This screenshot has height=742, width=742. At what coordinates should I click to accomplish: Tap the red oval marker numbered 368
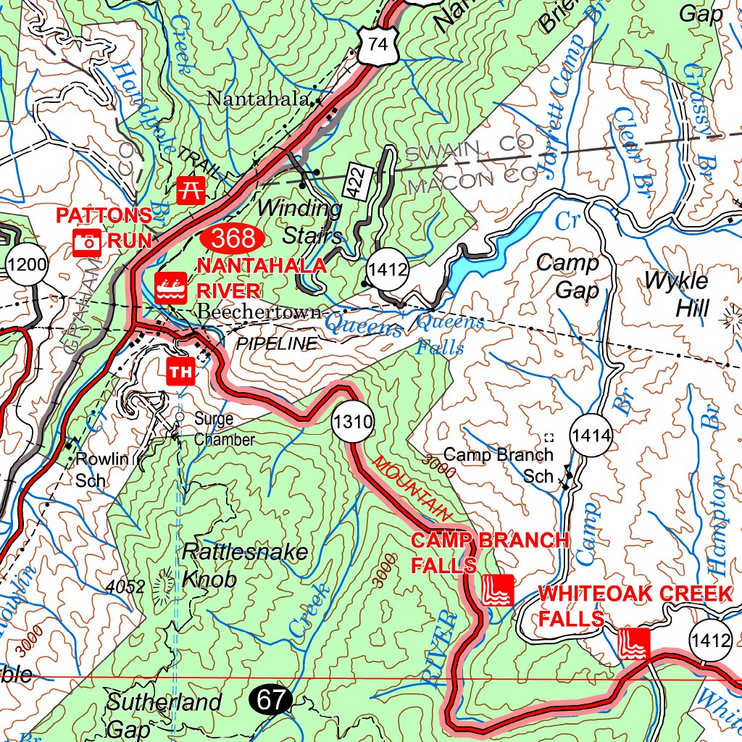click(x=233, y=238)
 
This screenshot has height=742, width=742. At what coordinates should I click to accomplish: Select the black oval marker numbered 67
click(x=271, y=700)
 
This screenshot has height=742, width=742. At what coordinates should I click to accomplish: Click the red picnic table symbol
click(x=191, y=191)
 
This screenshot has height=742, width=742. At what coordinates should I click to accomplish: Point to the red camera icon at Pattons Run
click(x=87, y=241)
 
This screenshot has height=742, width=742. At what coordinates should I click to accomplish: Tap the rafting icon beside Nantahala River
click(x=172, y=288)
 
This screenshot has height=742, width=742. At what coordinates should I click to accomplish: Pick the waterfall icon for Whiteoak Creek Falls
click(x=635, y=643)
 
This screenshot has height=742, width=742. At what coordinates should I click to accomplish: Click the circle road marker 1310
click(x=353, y=422)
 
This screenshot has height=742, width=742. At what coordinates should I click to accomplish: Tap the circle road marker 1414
click(x=591, y=436)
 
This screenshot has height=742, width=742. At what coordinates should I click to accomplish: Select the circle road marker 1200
click(x=27, y=264)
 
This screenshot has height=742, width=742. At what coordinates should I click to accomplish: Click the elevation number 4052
click(x=125, y=587)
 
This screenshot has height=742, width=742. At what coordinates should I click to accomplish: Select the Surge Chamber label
click(x=224, y=429)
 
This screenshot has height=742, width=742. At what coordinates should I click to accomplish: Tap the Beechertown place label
click(x=259, y=312)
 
